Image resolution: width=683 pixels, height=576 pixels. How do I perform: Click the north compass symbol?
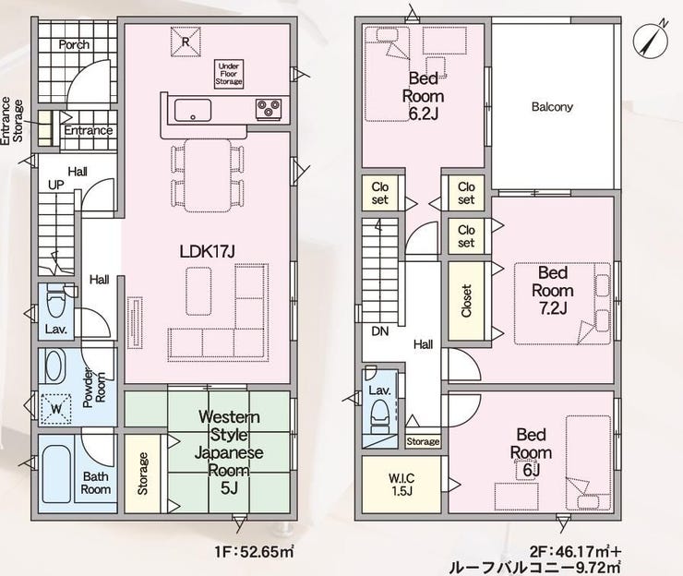click(x=651, y=40)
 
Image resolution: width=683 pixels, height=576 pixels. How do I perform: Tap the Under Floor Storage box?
click(x=229, y=75)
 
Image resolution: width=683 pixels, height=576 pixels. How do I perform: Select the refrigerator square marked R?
click(x=186, y=42)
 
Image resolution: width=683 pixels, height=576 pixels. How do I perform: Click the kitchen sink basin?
click(x=193, y=110)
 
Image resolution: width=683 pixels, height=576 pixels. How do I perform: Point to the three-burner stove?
click(x=269, y=109)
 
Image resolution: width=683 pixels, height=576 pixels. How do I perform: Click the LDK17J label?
click(x=208, y=251)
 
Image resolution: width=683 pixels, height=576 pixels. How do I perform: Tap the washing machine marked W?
click(x=55, y=409)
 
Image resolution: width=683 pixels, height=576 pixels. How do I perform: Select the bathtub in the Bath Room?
click(x=57, y=474)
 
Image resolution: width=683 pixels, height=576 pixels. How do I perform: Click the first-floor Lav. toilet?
click(x=55, y=301)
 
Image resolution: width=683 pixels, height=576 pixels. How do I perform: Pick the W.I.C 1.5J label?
click(x=401, y=485)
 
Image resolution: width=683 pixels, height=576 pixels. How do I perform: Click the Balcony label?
click(x=552, y=107)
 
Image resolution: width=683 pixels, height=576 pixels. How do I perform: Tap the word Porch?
click(x=74, y=44)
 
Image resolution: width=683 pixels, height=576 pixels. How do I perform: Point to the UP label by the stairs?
click(x=55, y=185)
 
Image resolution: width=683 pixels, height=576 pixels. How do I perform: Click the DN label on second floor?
click(x=380, y=331)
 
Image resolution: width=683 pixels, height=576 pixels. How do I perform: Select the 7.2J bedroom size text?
click(x=553, y=308)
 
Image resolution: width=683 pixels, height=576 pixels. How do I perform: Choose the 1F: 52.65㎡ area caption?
click(x=254, y=552)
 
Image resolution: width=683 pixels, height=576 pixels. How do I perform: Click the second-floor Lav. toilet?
click(x=379, y=417)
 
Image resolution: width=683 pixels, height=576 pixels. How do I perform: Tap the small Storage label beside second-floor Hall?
click(x=423, y=441)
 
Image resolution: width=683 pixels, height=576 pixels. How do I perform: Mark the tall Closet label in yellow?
click(x=466, y=301)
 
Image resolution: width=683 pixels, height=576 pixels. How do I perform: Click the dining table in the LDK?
click(x=208, y=175)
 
